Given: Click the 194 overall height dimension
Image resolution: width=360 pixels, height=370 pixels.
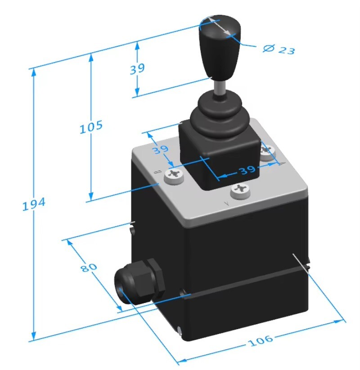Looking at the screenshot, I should (x=34, y=205).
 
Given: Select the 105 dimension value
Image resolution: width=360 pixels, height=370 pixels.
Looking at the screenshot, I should (x=91, y=127).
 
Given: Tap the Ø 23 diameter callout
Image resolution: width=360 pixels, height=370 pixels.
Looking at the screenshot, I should (x=279, y=49).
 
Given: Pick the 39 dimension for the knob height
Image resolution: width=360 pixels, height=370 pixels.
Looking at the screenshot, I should (x=138, y=69).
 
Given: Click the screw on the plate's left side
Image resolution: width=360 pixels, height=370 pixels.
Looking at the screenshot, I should (x=174, y=177).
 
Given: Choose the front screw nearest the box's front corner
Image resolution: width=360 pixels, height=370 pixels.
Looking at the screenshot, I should (x=239, y=191).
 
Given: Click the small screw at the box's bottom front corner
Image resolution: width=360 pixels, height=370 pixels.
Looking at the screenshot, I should (x=180, y=331).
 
